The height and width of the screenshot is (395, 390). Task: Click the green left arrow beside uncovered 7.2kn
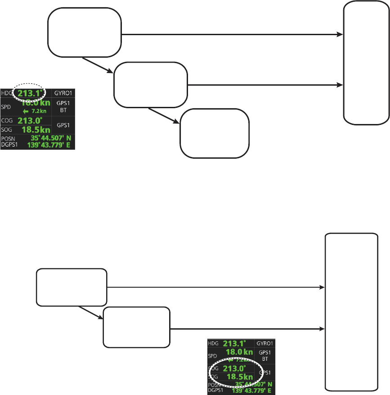(26, 111)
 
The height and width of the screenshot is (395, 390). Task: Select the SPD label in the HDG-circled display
(6, 107)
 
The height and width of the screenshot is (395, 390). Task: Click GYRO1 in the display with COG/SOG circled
(265, 344)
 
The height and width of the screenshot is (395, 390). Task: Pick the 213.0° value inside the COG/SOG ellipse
(235, 368)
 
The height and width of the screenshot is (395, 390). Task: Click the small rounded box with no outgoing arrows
(215, 133)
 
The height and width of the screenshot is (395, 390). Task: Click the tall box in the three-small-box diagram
(366, 62)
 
